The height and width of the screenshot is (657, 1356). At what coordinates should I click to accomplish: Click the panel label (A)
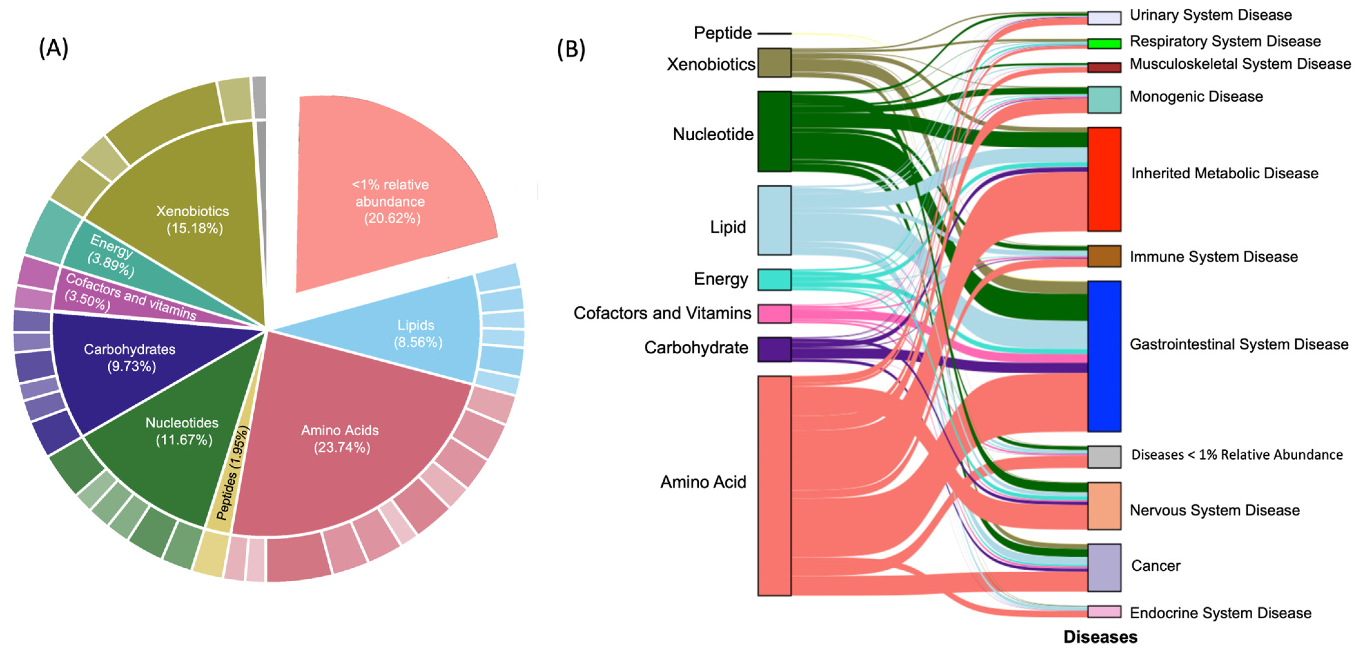(53, 48)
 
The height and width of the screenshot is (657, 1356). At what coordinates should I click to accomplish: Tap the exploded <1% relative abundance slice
(390, 201)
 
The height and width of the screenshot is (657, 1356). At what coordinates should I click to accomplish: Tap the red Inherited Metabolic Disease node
(1104, 179)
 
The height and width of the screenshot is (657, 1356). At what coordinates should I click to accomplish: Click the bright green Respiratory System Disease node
(1104, 43)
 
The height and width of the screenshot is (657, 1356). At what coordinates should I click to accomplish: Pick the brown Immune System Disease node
(1104, 256)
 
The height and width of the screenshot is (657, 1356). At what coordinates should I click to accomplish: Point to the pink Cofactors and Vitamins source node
(774, 314)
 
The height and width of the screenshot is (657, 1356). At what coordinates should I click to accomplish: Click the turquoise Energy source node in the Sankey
(774, 279)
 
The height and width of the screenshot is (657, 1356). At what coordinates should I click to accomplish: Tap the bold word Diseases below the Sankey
(1100, 637)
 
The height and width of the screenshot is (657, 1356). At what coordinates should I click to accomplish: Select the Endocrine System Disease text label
(1220, 613)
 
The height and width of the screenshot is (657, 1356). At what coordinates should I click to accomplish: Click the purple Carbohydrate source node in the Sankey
(774, 349)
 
